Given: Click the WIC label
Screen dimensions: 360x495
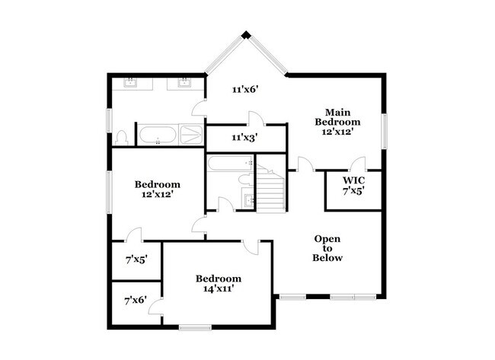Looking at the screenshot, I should (x=353, y=180).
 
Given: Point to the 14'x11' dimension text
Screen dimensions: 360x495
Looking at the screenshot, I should (x=218, y=289).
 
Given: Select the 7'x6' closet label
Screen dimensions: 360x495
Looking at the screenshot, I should (x=136, y=301).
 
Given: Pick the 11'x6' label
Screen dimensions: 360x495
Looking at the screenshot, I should (x=245, y=89).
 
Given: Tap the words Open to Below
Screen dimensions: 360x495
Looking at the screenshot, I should (x=327, y=248).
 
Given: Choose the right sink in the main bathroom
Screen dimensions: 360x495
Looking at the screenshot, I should (x=184, y=83).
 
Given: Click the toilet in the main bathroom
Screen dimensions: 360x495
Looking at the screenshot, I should (x=121, y=139).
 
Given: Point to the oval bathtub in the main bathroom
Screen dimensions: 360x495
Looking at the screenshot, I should (x=158, y=136).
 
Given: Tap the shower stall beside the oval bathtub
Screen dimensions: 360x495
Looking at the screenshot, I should (x=191, y=135).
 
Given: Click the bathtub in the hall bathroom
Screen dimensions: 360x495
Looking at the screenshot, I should (x=229, y=163).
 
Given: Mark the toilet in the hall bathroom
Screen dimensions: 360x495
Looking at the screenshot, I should (x=245, y=180).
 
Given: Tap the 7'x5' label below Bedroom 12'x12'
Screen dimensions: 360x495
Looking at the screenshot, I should (x=136, y=259).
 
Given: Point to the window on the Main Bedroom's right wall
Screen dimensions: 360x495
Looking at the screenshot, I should (x=385, y=124).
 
